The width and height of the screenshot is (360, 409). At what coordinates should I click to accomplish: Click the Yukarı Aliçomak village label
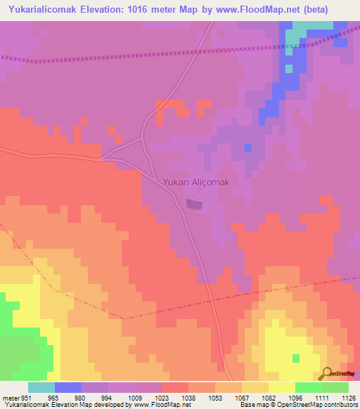click(x=196, y=182)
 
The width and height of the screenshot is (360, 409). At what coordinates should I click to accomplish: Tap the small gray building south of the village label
click(x=195, y=204)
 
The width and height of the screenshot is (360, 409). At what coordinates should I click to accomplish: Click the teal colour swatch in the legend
click(x=41, y=387)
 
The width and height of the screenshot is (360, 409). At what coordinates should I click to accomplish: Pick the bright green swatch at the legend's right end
click(x=335, y=387)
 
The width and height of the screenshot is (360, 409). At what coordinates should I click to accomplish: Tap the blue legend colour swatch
click(x=67, y=387)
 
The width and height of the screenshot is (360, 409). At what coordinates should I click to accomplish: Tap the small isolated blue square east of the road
click(x=247, y=148)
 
